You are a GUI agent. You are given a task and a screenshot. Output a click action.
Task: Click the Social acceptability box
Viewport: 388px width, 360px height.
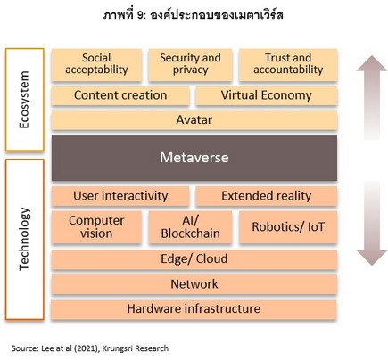click(x=96, y=65)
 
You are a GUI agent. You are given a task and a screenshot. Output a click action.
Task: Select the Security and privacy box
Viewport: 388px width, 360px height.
click(x=190, y=65)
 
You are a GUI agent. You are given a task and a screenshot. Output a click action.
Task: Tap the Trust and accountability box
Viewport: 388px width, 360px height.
click(x=288, y=65)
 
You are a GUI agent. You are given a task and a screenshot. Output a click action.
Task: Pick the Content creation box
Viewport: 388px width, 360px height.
click(x=120, y=95)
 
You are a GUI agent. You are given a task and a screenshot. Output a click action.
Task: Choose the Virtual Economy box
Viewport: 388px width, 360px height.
click(x=267, y=95)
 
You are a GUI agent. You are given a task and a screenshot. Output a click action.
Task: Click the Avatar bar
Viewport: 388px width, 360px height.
click(x=194, y=120)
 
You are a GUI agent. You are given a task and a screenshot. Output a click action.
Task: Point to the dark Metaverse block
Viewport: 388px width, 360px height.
click(x=194, y=158)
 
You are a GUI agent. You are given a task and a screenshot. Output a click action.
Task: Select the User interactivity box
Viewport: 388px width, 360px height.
click(x=120, y=196)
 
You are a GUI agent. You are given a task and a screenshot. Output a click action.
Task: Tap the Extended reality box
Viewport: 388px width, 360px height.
click(x=267, y=196)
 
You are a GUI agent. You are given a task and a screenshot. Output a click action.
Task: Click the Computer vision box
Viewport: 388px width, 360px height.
click(x=96, y=227)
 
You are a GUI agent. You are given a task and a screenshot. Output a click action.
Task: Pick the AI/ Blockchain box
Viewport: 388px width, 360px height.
click(x=190, y=227)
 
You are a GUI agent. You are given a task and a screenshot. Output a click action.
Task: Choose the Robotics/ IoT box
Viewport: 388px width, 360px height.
click(x=288, y=227)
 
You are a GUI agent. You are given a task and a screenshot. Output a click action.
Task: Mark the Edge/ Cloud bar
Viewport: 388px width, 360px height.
click(x=194, y=259)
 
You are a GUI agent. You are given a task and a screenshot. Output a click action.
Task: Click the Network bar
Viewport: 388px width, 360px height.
click(x=194, y=284)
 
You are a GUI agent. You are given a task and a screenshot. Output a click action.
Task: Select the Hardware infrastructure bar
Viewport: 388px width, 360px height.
click(x=194, y=309)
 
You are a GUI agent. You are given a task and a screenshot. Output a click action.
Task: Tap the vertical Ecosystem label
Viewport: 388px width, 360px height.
click(x=24, y=100)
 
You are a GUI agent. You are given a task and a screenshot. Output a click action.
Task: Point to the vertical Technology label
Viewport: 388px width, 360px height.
click(x=24, y=239)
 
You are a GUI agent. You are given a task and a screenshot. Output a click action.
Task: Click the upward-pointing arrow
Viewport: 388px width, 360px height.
click(x=372, y=97)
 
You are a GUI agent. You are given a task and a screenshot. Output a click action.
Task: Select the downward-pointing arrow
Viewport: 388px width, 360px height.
click(x=372, y=224)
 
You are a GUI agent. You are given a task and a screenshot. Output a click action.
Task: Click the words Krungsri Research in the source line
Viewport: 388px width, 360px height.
click(x=136, y=348)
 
